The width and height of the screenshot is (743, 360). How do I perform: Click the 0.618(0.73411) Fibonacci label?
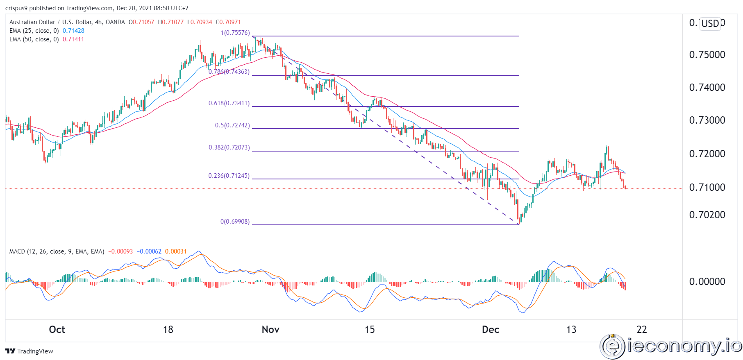pos(229,103)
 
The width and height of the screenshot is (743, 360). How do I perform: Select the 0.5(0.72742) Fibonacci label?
pos(232,125)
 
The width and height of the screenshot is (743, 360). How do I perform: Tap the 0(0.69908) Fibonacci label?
pos(235,222)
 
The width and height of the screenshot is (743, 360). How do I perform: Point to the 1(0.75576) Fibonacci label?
pos(235,33)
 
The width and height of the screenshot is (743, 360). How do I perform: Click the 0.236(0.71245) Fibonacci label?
pos(229,176)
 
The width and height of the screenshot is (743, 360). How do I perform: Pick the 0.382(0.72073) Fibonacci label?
pos(229,147)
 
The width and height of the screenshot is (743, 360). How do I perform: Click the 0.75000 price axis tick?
pos(707,55)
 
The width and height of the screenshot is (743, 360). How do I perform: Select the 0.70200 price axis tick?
pos(707,215)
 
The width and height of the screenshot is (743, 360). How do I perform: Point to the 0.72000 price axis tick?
pos(707,154)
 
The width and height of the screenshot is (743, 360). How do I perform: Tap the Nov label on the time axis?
pos(270,330)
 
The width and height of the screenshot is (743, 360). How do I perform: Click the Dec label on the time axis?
pos(490,330)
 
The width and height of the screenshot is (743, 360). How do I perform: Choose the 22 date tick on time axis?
pos(641,330)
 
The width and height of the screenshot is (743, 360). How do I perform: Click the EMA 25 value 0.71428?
pos(73,31)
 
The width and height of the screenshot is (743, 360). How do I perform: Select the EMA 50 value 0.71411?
pos(73,39)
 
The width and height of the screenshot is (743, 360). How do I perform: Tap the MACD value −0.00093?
pos(120,251)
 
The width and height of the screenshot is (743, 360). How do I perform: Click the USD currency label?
pos(710,23)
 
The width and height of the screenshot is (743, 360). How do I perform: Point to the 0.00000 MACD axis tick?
pos(707,282)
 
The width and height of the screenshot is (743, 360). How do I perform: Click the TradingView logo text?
pos(30,351)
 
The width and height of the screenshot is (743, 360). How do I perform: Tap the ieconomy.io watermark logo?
pos(670,346)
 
